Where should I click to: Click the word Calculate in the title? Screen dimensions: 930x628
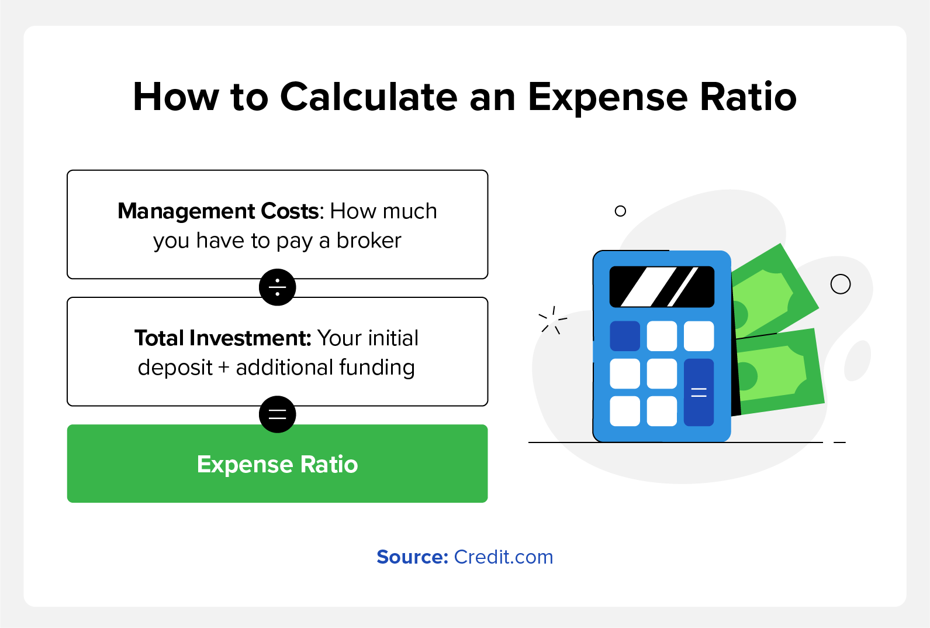click(369, 97)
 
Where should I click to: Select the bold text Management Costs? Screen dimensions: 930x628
click(219, 211)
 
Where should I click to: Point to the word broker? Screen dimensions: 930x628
click(369, 240)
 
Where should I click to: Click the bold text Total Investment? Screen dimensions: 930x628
click(223, 338)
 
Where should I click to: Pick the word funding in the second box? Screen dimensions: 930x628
click(377, 367)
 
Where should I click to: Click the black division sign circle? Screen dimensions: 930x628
click(277, 287)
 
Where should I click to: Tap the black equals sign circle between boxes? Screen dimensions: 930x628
click(277, 414)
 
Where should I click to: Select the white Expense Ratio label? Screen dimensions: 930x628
click(277, 464)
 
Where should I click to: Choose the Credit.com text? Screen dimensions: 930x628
click(504, 557)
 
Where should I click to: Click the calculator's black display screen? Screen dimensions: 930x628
click(662, 287)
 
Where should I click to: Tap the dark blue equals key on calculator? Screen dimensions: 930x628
click(699, 392)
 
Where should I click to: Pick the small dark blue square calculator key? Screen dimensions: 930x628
click(625, 336)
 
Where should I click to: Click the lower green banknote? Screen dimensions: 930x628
click(779, 371)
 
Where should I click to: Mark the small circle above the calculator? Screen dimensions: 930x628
click(620, 211)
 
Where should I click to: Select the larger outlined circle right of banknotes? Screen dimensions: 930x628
click(841, 284)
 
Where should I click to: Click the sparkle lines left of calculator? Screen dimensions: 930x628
click(552, 320)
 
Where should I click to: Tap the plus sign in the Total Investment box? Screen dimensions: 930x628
click(224, 368)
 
